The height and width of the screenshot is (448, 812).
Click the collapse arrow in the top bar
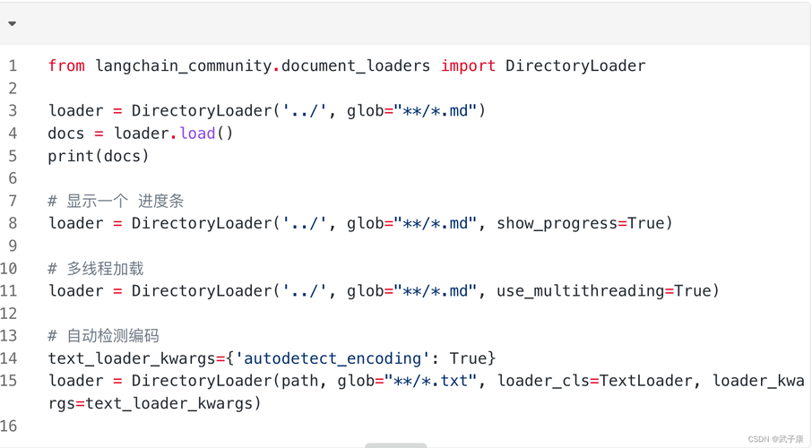tap(12, 24)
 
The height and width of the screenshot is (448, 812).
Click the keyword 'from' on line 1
tap(66, 65)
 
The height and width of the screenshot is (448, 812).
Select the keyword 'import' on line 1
tap(468, 65)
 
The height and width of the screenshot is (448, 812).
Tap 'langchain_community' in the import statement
tap(183, 65)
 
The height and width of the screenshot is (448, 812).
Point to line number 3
tap(13, 110)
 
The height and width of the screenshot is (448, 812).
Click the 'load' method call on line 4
tap(197, 133)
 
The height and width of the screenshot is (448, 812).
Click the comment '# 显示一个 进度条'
tap(116, 201)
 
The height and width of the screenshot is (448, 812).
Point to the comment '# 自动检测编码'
tap(103, 335)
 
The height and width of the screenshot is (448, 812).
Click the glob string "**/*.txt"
tap(431, 381)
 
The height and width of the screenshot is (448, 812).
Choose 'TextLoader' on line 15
tap(645, 381)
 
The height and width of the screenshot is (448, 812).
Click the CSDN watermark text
tap(775, 439)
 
